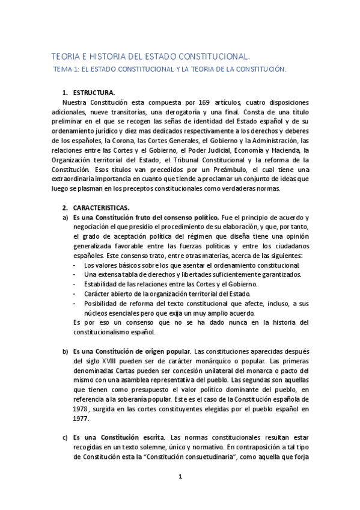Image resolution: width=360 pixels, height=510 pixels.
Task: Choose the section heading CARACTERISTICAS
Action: coord(105,208)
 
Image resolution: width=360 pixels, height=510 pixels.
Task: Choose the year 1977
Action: coord(80,419)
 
